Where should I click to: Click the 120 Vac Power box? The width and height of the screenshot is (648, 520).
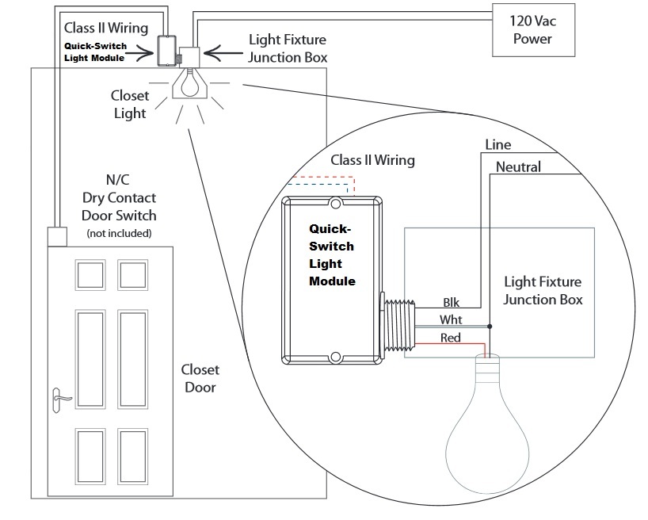(531, 29)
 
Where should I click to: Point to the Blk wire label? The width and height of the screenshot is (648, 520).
(452, 302)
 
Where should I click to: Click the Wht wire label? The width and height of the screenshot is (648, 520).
(452, 320)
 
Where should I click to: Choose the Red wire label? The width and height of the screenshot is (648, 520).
(452, 338)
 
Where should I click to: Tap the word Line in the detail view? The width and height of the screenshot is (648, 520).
(497, 145)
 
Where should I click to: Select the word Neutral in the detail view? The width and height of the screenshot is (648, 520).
(518, 167)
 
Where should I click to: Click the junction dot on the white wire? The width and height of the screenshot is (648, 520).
(490, 326)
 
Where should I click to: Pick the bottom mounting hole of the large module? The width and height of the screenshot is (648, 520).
(336, 357)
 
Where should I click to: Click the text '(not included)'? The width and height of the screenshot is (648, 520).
(119, 234)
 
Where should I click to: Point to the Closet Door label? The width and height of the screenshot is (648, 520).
(200, 378)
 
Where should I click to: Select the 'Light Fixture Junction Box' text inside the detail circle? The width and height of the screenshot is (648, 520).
(543, 290)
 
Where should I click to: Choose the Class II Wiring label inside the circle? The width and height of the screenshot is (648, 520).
(372, 160)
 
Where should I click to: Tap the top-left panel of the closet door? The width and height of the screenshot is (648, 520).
(90, 273)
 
